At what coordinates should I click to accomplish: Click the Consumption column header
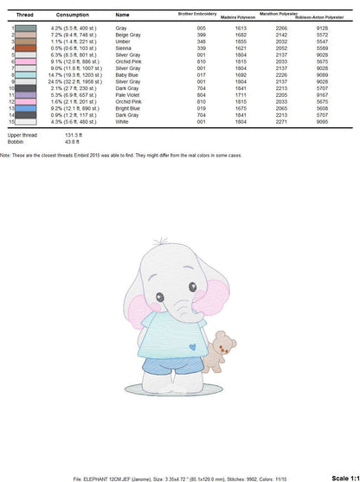(x=72, y=16)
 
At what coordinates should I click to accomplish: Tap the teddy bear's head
(x=226, y=340)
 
